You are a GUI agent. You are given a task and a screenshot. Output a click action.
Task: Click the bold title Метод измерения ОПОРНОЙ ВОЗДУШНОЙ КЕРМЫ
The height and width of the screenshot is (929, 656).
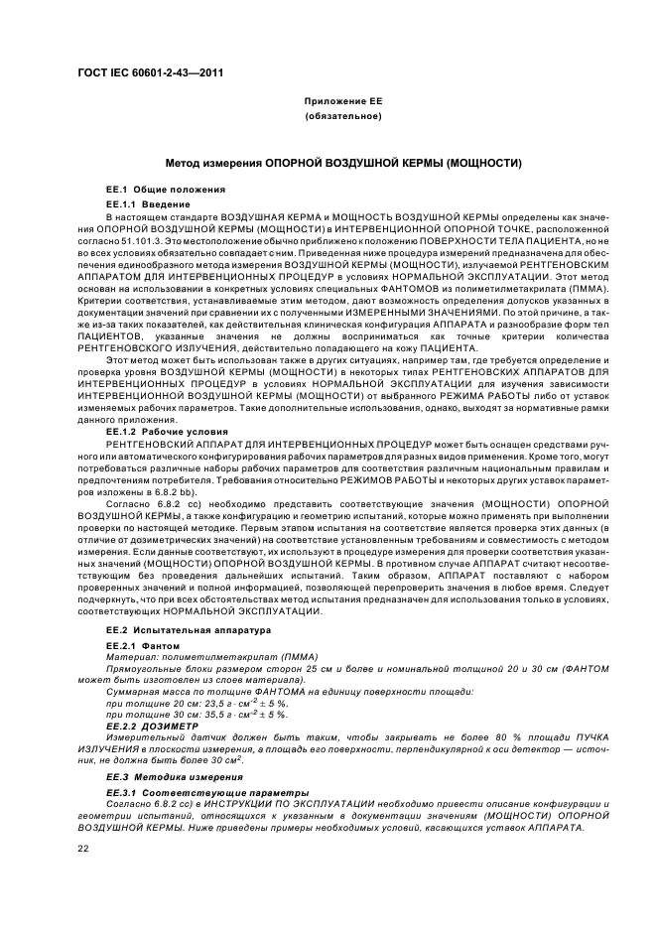tap(343, 162)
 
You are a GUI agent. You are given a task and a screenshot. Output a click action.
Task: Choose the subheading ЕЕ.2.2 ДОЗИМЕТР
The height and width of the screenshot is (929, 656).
tap(152, 725)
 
